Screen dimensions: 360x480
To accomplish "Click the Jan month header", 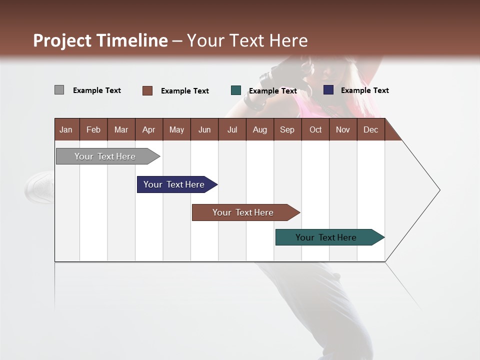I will pos(66,129).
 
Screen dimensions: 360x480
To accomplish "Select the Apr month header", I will pos(148,129).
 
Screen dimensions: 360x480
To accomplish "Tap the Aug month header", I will pos(259,129).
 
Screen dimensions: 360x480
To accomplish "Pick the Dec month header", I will pos(370,129).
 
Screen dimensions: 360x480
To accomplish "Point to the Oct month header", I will pos(315,129).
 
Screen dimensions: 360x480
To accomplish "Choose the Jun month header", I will pos(204,129).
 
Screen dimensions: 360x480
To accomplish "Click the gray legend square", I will pos(59,90).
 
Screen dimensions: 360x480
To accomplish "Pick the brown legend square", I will pos(147,90).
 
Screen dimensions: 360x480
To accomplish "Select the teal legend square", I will pos(236,90).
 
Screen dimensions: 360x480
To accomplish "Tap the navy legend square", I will pos(328,90).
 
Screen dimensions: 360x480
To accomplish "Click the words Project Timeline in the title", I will pos(100,40).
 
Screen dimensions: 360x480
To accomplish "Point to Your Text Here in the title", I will pos(247,40).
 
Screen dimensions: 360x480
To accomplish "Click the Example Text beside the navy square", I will pos(364,90).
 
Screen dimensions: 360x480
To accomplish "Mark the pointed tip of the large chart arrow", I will pos(439,190).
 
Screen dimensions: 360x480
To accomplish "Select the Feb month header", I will pos(93,129).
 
